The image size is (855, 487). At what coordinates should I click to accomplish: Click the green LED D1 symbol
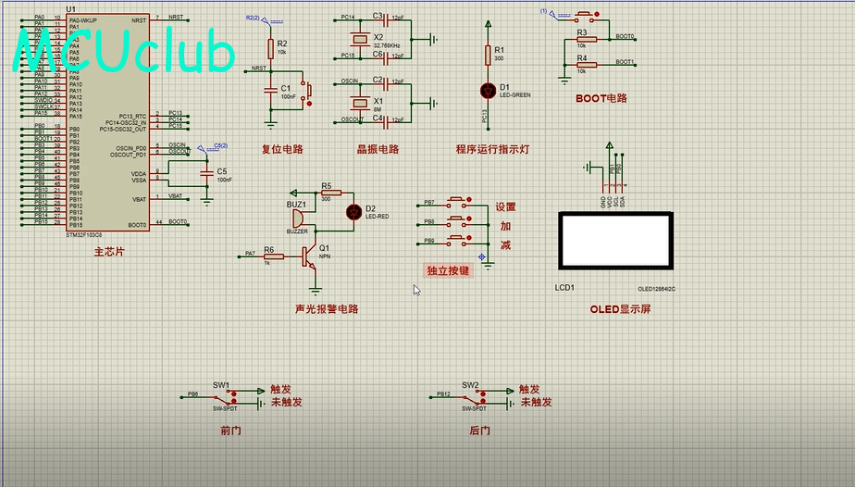[489, 90]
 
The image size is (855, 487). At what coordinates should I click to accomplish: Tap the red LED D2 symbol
[353, 211]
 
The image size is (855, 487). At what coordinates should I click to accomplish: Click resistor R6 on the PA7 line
[274, 255]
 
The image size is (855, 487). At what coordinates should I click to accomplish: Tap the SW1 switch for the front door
[222, 396]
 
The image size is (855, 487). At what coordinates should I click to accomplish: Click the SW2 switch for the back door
[470, 396]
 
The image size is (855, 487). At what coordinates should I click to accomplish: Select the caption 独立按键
[448, 270]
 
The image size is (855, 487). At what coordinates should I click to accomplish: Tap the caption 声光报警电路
[327, 309]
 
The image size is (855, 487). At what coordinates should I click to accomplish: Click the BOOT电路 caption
[601, 98]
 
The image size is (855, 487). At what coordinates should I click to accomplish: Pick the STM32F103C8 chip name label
[84, 235]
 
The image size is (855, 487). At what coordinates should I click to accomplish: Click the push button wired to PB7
[457, 201]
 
